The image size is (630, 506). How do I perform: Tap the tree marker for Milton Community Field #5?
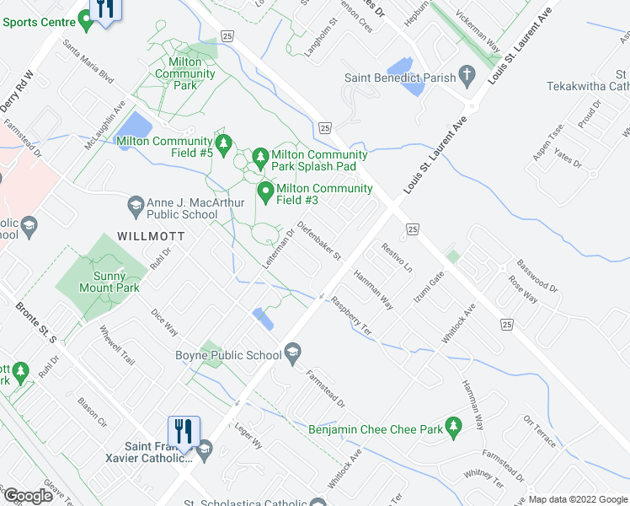223,146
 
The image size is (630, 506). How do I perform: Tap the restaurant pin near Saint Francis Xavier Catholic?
184,433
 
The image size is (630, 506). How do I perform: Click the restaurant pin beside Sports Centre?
105,11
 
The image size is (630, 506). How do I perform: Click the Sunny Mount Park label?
104,282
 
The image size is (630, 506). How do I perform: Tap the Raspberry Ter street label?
351,315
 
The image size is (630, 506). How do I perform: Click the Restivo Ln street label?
398,258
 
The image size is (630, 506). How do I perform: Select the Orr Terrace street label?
540,431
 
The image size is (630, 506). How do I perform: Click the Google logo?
28,496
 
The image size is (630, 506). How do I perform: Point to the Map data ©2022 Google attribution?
578,499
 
